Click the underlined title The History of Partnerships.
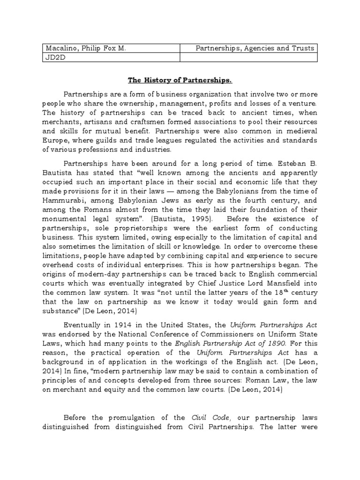(180, 80)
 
